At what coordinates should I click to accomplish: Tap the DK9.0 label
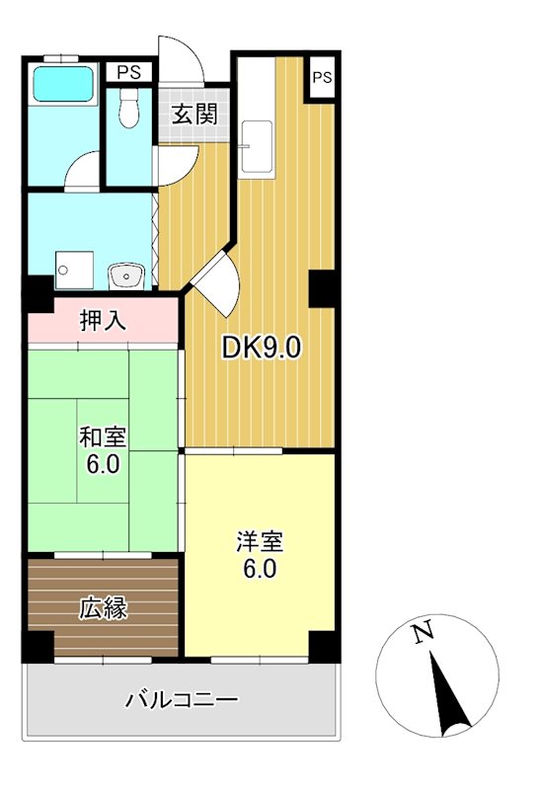point(260,348)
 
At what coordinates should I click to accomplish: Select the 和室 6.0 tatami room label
point(102,450)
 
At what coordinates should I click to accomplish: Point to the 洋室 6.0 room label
point(260,555)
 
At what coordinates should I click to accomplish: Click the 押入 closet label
point(102,321)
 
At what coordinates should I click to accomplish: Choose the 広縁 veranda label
point(103,607)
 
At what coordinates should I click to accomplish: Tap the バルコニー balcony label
point(182,700)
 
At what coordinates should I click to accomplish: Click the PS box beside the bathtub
point(129,72)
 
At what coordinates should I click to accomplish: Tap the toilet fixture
point(128,111)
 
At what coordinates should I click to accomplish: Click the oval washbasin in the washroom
point(124,274)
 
